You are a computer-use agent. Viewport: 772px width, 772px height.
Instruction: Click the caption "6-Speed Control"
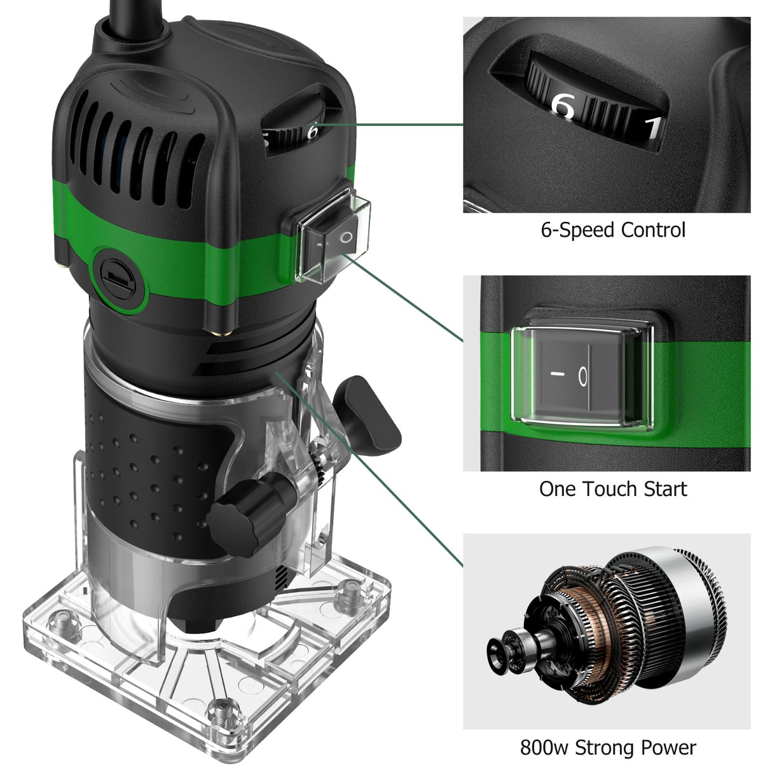[613, 230]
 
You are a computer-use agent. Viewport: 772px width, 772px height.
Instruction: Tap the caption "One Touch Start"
[613, 489]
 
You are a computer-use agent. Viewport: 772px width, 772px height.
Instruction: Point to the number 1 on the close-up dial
[654, 129]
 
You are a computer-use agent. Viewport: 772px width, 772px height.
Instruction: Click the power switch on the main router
[332, 237]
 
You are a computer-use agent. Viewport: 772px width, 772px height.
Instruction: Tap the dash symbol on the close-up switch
[557, 374]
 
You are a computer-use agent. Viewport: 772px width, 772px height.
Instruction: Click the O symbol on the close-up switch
[583, 376]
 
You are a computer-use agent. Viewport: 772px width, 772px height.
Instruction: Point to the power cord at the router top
[136, 18]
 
